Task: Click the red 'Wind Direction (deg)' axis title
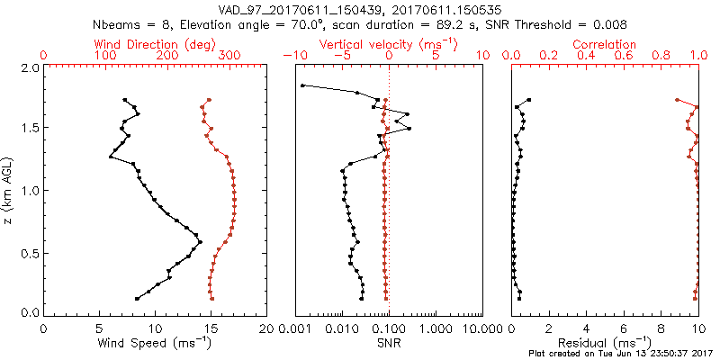146,44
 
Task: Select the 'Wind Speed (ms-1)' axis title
154,342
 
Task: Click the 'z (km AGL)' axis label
8,190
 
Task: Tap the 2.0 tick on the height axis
28,68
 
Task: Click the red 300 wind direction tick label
230,56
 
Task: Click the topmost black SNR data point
302,86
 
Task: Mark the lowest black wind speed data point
137,298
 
